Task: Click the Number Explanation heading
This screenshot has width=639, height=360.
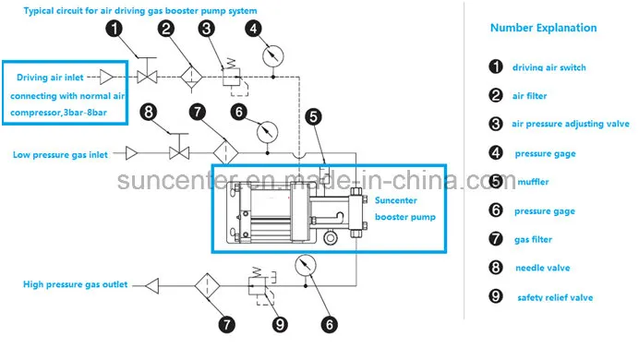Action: pos(543,29)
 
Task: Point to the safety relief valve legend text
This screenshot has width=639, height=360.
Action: pos(553,297)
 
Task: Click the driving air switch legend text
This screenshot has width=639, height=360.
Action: pos(549,67)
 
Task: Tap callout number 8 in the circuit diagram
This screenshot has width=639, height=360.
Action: pos(148,113)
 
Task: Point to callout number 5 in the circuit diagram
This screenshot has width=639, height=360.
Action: pos(313,116)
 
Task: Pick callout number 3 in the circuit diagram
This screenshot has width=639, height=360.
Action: pos(208,30)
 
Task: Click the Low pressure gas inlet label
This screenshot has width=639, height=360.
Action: pos(66,153)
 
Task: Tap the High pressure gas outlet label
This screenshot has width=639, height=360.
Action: pos(76,284)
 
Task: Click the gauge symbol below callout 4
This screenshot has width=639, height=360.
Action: pos(270,58)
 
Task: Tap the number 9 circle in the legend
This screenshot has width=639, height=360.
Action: pos(495,297)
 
